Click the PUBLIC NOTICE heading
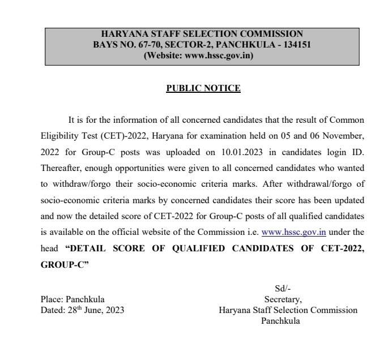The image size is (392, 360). tap(195, 88)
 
